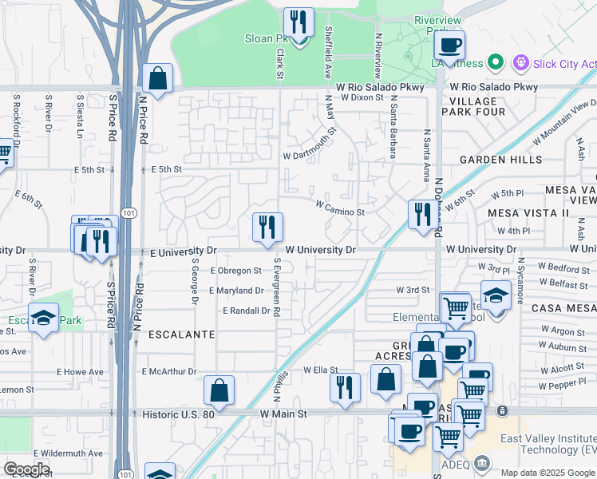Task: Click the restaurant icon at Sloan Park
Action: point(298,23)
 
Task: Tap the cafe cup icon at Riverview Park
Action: point(449,46)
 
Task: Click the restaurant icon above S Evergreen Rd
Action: point(267,228)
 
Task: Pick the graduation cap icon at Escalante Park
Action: point(44,319)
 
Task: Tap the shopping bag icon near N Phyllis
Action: point(219,391)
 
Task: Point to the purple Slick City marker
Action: point(521,62)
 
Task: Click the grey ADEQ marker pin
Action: point(481,463)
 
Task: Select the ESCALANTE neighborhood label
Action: point(181,335)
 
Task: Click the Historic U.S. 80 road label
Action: point(178,414)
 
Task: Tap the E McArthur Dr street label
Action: point(168,371)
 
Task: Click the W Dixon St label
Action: point(362,97)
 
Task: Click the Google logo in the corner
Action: point(26,469)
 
